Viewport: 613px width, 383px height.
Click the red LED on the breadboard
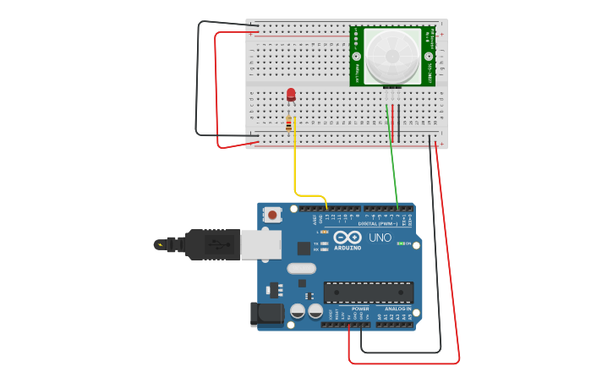click(x=291, y=95)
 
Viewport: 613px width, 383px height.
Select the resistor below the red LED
click(x=289, y=123)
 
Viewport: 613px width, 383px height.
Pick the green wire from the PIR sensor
click(x=392, y=161)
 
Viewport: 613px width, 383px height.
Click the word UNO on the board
click(x=380, y=238)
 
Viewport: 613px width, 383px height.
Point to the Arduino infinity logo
click(x=348, y=238)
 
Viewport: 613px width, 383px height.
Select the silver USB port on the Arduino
click(x=260, y=244)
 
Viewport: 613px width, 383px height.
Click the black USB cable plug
click(x=211, y=244)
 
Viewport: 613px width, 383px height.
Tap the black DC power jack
click(x=268, y=314)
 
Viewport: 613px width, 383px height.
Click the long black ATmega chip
click(x=369, y=293)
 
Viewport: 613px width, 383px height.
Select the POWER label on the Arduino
click(x=360, y=309)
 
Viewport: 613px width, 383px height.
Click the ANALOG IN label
click(x=398, y=309)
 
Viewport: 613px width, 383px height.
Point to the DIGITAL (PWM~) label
click(x=378, y=224)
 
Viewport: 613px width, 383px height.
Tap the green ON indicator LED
click(x=401, y=243)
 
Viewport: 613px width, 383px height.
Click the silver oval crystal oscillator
click(x=301, y=269)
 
